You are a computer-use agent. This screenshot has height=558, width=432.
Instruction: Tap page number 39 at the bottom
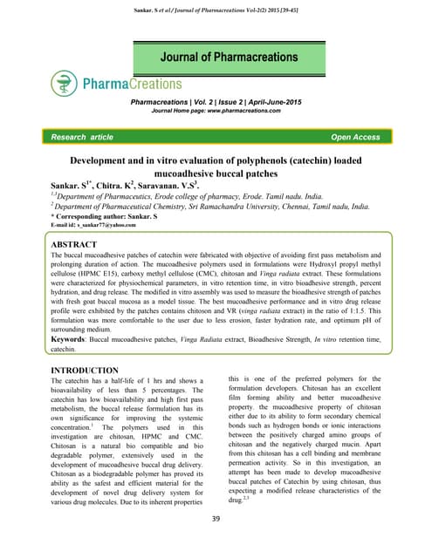[216, 520]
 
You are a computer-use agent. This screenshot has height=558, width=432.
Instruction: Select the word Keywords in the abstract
[76, 340]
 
